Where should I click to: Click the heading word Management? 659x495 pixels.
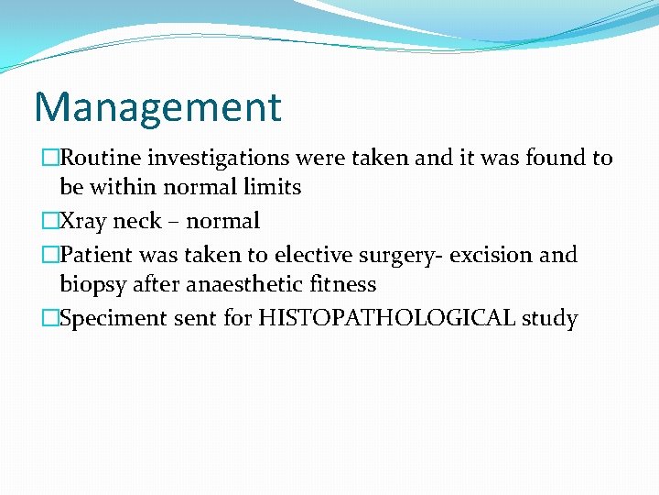click(x=157, y=107)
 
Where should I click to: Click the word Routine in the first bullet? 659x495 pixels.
click(x=97, y=158)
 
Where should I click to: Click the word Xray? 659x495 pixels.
click(x=83, y=221)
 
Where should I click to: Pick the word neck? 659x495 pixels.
click(x=136, y=221)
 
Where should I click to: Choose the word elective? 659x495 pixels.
click(x=310, y=254)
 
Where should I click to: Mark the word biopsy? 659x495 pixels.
click(x=92, y=284)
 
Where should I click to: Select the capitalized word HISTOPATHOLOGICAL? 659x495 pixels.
click(x=388, y=318)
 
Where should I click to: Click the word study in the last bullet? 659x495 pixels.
click(x=550, y=319)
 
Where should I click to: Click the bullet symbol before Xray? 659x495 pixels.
click(x=49, y=221)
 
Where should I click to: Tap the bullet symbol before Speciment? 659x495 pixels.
click(x=49, y=318)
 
